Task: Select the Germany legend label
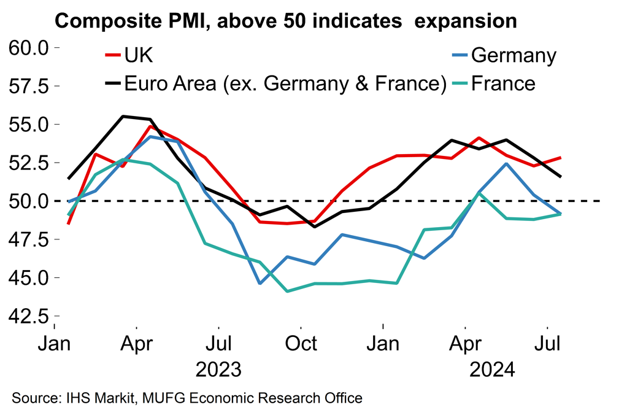point(514,55)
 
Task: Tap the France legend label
point(503,83)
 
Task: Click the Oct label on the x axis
point(301,343)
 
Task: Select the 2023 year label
point(218,370)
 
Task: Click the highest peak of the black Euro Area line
point(123,116)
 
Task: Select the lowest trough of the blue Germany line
point(260,284)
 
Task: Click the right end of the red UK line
point(561,158)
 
